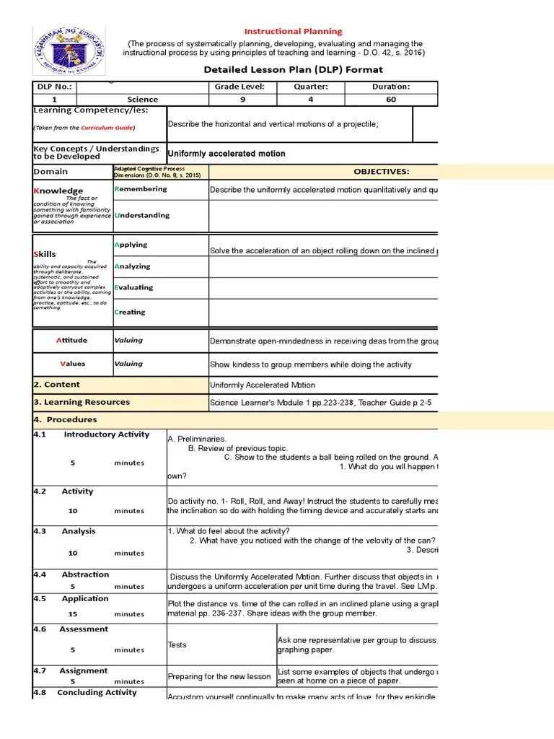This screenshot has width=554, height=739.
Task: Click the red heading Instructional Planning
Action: coord(293,32)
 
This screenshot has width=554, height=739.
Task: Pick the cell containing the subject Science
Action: coord(142,100)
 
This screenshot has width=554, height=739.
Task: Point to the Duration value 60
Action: coord(391,100)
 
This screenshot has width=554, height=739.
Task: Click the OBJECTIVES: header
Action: coord(381,172)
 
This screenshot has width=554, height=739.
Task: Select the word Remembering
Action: coord(141,189)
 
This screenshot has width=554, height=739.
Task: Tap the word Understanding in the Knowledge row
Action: coord(142,215)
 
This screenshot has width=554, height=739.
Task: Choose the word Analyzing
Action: coord(132,266)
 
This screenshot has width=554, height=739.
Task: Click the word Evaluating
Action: coord(133,287)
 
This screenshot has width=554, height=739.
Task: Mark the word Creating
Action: coord(130,312)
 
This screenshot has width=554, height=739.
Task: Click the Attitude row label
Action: coord(71,341)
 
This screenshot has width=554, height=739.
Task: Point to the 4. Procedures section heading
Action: coord(65,419)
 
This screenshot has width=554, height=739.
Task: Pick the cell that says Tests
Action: coord(177,645)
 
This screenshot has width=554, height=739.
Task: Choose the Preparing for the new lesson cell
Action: coord(219,677)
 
